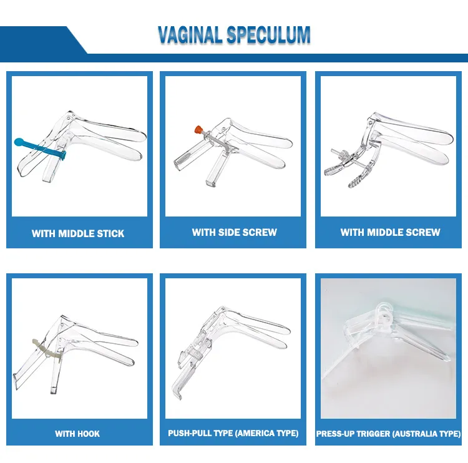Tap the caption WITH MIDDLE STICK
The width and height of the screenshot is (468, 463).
pyautogui.click(x=78, y=233)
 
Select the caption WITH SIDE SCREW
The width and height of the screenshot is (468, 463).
pyautogui.click(x=234, y=232)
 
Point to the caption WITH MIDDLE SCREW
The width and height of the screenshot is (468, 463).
pyautogui.click(x=390, y=232)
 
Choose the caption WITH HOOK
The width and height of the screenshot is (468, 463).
pyautogui.click(x=77, y=434)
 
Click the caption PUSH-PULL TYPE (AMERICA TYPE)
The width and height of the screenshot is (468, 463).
pyautogui.click(x=233, y=433)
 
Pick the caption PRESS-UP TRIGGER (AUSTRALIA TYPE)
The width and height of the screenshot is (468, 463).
pyautogui.click(x=389, y=434)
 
